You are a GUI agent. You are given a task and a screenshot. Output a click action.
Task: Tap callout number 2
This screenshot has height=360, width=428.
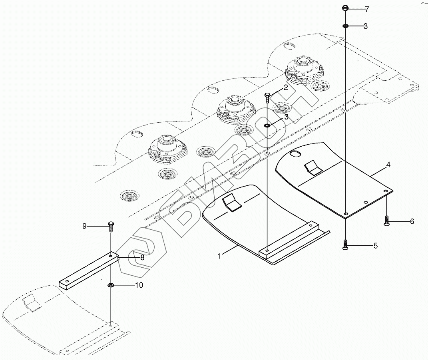tap(286, 88)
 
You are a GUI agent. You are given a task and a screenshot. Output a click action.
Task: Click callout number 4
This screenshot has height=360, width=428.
tap(388, 164)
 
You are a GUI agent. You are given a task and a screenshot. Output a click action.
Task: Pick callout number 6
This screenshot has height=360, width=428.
tap(412, 221)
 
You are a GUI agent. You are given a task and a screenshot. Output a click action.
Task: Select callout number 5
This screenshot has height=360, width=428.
tap(375, 246)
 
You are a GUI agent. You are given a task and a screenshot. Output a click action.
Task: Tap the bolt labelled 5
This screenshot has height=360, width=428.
tap(345, 244)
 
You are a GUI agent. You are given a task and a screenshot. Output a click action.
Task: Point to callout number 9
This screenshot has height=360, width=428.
tap(84, 226)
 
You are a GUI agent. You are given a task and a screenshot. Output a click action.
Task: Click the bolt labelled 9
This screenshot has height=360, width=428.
tap(110, 226)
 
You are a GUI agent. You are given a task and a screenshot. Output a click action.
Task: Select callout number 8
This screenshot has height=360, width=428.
tap(142, 258)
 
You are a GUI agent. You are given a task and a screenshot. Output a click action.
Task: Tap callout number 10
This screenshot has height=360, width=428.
tap(139, 285)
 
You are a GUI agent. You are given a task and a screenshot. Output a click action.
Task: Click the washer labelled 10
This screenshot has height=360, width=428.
tap(110, 285)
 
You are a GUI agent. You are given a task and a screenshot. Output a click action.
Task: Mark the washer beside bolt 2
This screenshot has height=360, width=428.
tap(267, 126)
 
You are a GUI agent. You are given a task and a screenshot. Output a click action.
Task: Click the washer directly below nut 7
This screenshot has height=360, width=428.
tap(345, 26)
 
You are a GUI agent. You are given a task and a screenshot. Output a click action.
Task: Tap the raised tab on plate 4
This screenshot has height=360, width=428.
tap(313, 167)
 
